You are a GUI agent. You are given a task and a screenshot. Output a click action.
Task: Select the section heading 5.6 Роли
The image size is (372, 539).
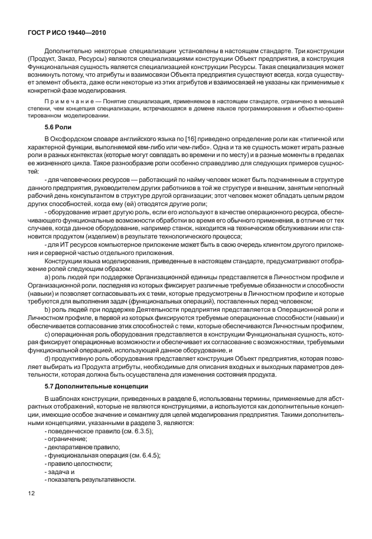click(x=60, y=126)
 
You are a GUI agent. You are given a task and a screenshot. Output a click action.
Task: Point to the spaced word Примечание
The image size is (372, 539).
click(x=66, y=102)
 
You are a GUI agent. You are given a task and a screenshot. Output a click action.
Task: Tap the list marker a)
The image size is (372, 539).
click(x=48, y=275)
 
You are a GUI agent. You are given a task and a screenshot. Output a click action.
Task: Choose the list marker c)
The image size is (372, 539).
click(x=48, y=334)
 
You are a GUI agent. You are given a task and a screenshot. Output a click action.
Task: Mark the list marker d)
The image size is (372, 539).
click(x=48, y=358)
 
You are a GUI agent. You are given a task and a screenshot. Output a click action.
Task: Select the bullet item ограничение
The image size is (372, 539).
click(x=68, y=440)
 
